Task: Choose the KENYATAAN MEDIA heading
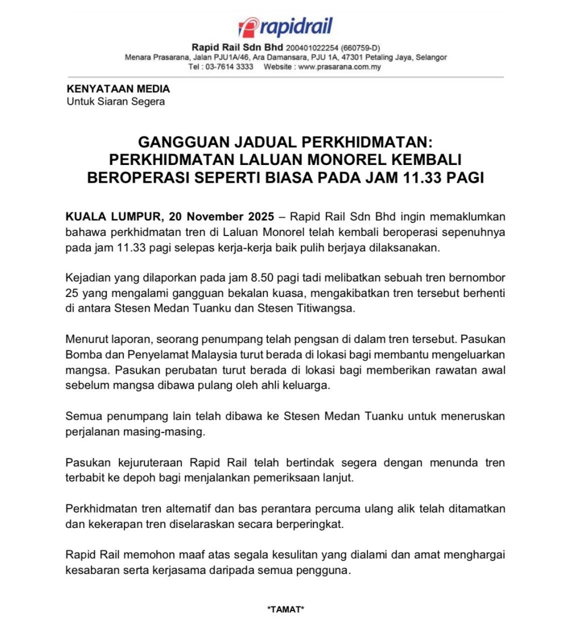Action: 118,89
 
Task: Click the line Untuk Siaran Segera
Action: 116,102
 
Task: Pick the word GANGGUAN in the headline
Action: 185,141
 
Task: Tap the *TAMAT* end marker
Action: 286,609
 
